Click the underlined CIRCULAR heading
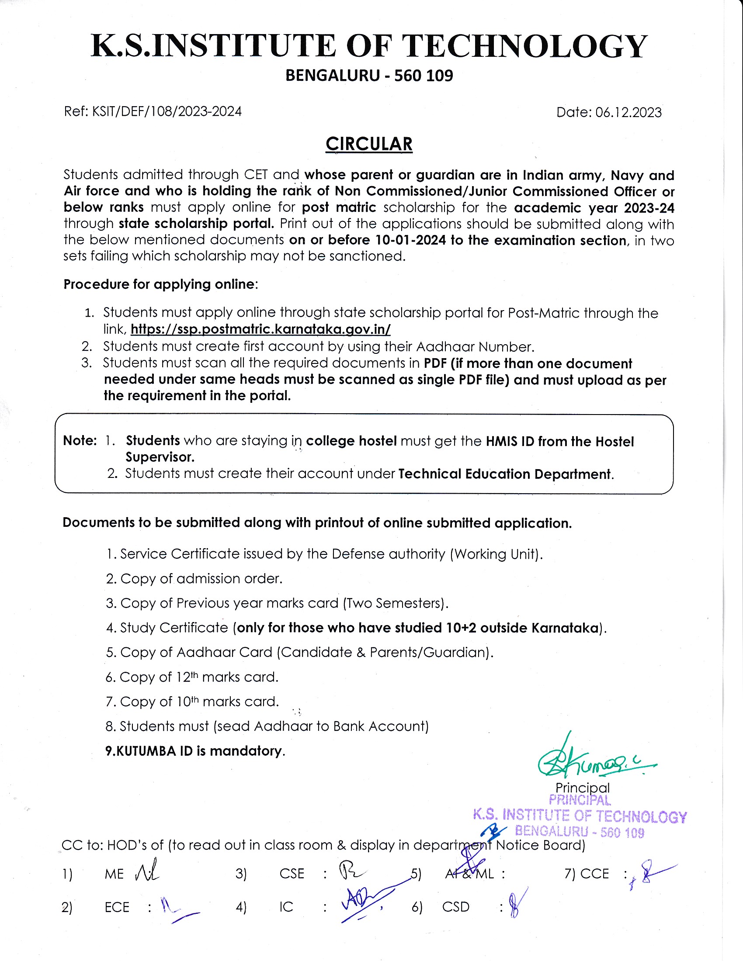click(x=369, y=144)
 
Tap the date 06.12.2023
click(x=628, y=113)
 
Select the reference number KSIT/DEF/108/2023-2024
click(x=167, y=111)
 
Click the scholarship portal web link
click(x=260, y=329)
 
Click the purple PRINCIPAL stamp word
click(x=580, y=800)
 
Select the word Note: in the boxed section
click(x=80, y=440)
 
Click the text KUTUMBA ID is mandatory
click(x=195, y=750)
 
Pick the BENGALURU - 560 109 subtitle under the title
click(x=369, y=76)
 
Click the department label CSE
click(x=292, y=874)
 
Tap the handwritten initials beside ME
click(x=147, y=871)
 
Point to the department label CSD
click(x=455, y=907)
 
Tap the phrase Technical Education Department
click(x=504, y=474)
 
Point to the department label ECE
click(x=117, y=907)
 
